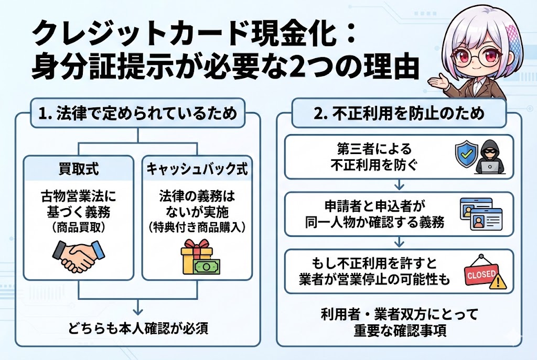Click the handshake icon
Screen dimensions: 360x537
click(79, 255)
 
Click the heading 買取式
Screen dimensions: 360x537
click(78, 169)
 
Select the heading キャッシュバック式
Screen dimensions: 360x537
click(197, 169)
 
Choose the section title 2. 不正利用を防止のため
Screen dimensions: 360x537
click(398, 113)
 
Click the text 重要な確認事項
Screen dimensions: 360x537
click(399, 331)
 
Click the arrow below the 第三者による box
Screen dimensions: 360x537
click(399, 185)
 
